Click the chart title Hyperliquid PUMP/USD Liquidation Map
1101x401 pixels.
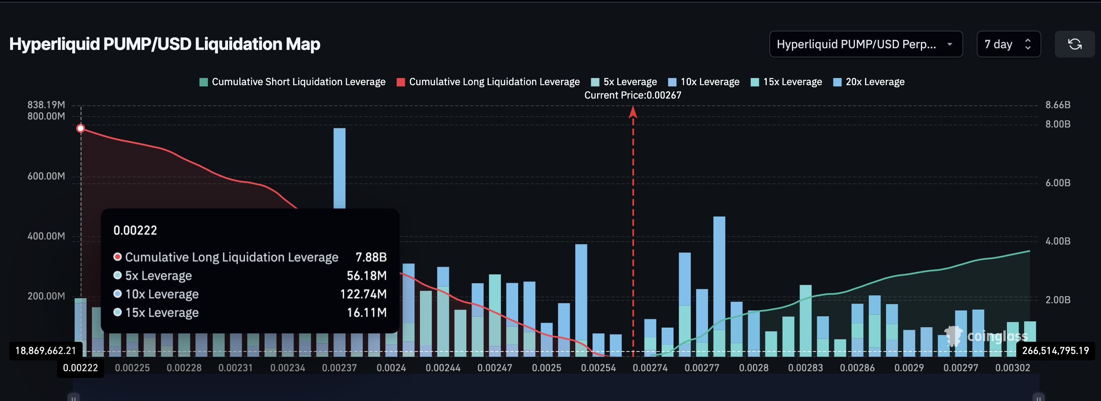pyautogui.click(x=165, y=44)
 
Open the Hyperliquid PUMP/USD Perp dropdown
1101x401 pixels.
pyautogui.click(x=865, y=44)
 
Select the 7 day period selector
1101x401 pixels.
pyautogui.click(x=1008, y=44)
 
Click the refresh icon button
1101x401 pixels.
pyautogui.click(x=1074, y=44)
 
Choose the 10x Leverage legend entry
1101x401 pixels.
pyautogui.click(x=704, y=81)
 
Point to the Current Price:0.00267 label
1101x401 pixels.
pyautogui.click(x=632, y=95)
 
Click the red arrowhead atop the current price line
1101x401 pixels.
pyautogui.click(x=633, y=112)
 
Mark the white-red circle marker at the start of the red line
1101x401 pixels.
pyautogui.click(x=81, y=128)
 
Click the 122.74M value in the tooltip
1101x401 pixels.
pyautogui.click(x=363, y=294)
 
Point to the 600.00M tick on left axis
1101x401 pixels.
pyautogui.click(x=46, y=176)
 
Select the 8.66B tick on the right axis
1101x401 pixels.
pyautogui.click(x=1057, y=105)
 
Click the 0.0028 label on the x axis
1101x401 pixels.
pyautogui.click(x=753, y=368)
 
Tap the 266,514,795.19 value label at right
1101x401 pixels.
pyautogui.click(x=1055, y=351)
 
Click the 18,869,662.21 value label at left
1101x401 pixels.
pyautogui.click(x=46, y=351)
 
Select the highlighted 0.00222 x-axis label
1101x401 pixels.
pyautogui.click(x=80, y=368)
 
